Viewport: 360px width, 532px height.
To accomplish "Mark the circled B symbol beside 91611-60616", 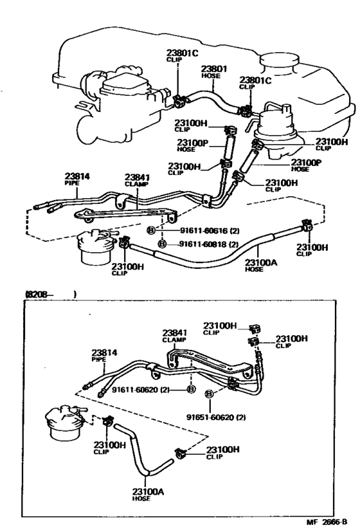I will (x=150, y=230).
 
